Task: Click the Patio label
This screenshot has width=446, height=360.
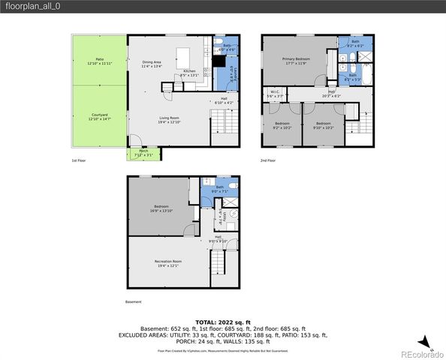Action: [99, 61]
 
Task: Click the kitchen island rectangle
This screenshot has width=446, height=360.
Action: [182, 58]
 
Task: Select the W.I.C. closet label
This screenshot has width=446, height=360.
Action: [276, 94]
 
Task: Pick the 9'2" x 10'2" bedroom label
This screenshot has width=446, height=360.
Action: [282, 124]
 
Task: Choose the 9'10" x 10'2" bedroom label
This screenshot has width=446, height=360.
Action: [323, 124]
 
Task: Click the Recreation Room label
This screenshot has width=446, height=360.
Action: [167, 263]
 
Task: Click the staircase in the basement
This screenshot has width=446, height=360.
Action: [218, 262]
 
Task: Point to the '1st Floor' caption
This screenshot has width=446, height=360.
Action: [80, 160]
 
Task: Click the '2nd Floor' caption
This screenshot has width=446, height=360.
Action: [269, 160]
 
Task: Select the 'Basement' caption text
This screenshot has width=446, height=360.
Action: [133, 302]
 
